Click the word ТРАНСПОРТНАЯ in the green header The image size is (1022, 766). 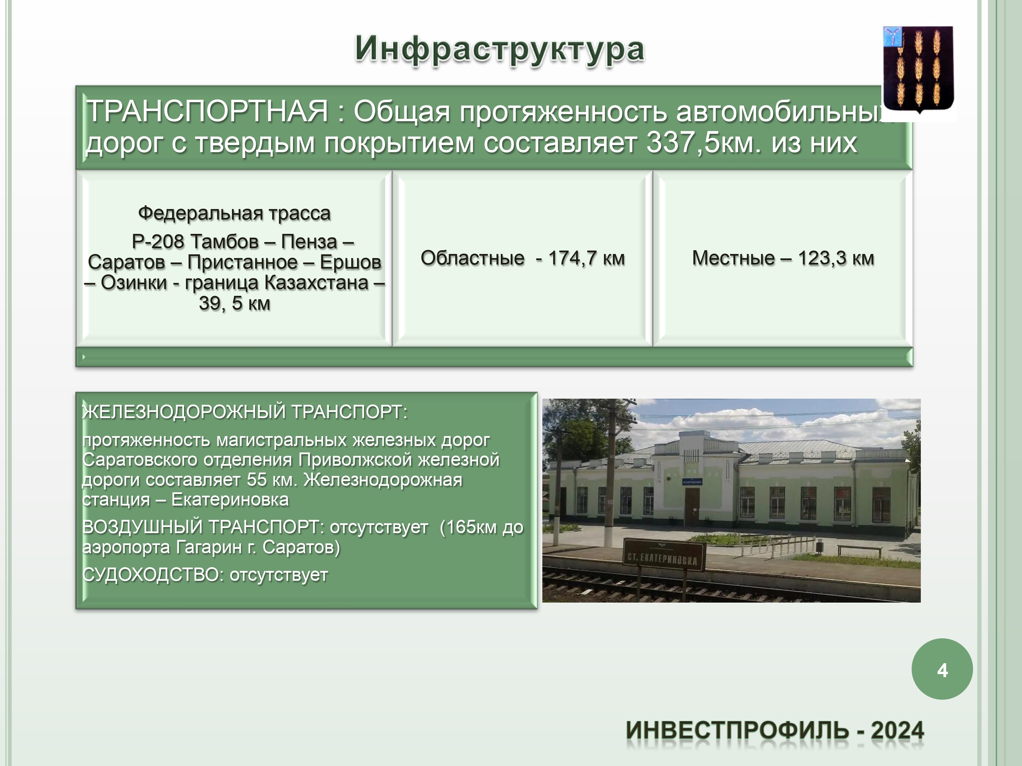(x=207, y=111)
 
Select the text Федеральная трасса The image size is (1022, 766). (x=234, y=213)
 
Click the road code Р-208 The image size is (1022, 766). (x=158, y=241)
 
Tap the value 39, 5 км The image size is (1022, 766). (x=234, y=303)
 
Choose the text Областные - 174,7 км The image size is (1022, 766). (x=523, y=258)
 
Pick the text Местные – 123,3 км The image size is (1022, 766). (x=783, y=258)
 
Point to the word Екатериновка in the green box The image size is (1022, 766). (x=230, y=499)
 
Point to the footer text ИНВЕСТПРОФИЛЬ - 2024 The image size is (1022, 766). (x=775, y=731)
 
